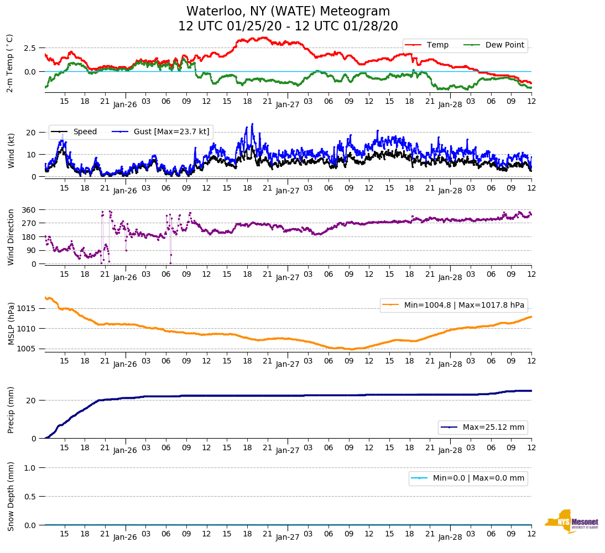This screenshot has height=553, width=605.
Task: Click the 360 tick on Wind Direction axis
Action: pyautogui.click(x=29, y=210)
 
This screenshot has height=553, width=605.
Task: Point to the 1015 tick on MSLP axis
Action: pyautogui.click(x=27, y=308)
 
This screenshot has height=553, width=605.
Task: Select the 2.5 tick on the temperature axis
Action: pyautogui.click(x=30, y=48)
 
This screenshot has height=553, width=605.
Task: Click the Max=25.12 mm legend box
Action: pyautogui.click(x=483, y=428)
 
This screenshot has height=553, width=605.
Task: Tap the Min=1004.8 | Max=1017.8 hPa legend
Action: pyautogui.click(x=453, y=305)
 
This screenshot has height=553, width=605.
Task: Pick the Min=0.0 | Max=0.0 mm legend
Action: pyautogui.click(x=468, y=478)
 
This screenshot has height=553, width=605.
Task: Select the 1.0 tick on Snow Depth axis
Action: pyautogui.click(x=32, y=468)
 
